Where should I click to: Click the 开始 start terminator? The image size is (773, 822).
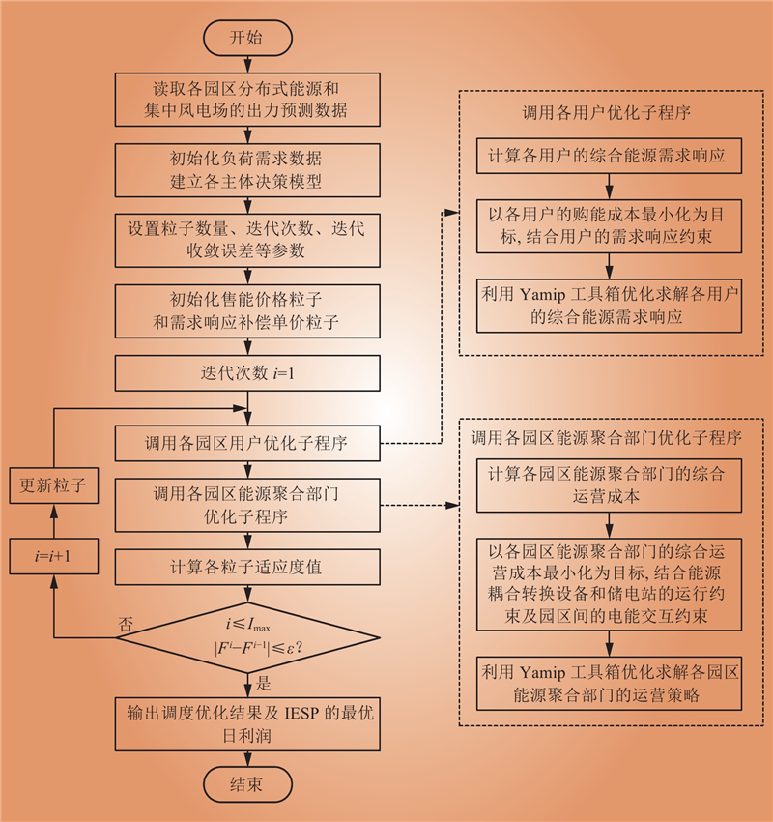245,39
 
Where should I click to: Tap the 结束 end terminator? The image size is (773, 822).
245,783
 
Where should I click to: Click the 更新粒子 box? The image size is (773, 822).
54,487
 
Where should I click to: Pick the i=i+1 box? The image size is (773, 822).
54,556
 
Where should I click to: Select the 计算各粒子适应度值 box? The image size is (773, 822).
245,568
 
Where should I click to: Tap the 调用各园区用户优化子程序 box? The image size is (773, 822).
245,445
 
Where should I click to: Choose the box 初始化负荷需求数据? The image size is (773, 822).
245,170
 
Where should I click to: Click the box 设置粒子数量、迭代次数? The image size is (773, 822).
245,240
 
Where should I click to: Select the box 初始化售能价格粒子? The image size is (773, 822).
245,308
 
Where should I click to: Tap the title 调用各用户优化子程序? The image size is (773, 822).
608,112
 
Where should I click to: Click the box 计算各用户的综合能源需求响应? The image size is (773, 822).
608,156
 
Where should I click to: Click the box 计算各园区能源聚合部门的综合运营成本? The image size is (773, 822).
608,486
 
